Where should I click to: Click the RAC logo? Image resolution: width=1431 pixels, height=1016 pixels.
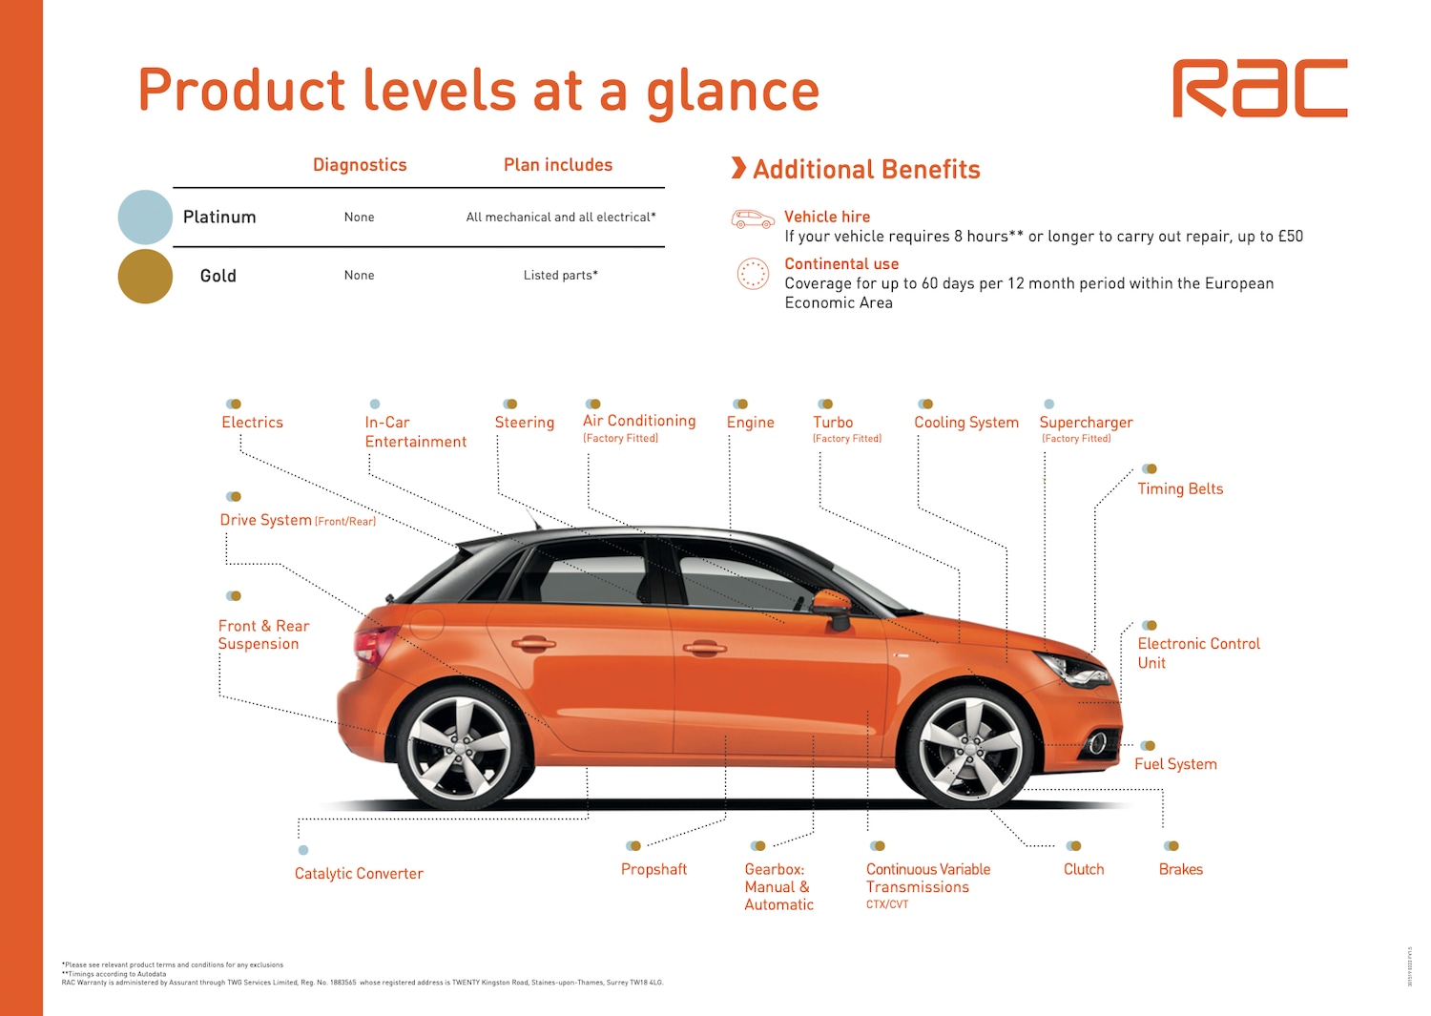[1259, 89]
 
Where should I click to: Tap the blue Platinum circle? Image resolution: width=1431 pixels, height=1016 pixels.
[145, 217]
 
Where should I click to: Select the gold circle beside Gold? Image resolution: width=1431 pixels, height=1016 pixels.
[145, 276]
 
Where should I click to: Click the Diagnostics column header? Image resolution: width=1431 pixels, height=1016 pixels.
[360, 165]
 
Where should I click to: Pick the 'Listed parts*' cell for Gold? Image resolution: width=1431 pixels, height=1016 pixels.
[560, 276]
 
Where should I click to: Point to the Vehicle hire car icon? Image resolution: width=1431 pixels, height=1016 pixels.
[753, 218]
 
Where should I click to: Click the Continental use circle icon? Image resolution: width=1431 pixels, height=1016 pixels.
[753, 274]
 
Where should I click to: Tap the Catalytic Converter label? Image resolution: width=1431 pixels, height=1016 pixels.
[359, 874]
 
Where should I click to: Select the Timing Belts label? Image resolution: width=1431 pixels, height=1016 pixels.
[1180, 489]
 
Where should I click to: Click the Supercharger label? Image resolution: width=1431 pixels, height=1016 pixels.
[1086, 423]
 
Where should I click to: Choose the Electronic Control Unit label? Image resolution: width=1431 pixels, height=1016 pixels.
[1198, 653]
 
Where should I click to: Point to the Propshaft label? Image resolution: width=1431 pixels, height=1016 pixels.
[653, 870]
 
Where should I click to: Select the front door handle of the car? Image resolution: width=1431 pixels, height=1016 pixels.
[704, 649]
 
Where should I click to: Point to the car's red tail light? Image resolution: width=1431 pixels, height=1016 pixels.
[373, 645]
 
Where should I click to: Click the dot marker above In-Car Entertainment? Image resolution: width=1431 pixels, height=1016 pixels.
[375, 404]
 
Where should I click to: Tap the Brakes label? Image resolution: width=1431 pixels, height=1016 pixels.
[1180, 870]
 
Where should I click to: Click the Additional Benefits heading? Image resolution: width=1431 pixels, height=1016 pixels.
[866, 170]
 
